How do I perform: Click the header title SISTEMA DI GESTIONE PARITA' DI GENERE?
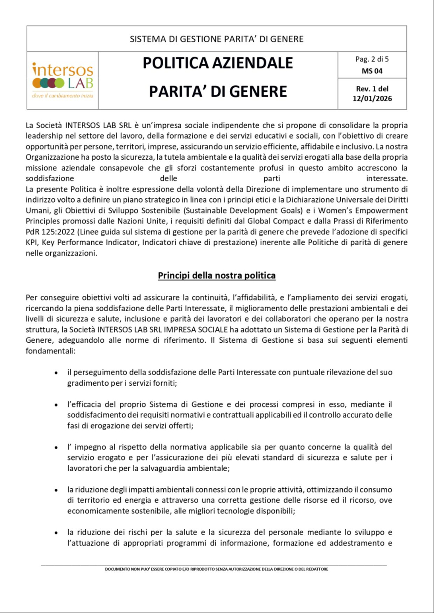pyautogui.click(x=217, y=39)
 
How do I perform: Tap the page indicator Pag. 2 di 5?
pyautogui.click(x=372, y=59)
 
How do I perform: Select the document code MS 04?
pyautogui.click(x=372, y=71)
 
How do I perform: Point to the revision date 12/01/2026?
pyautogui.click(x=372, y=99)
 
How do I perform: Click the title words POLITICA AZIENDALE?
pyautogui.click(x=217, y=63)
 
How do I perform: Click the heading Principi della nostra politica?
pyautogui.click(x=217, y=275)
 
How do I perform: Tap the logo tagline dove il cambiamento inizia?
pyautogui.click(x=63, y=96)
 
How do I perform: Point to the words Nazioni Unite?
pyautogui.click(x=143, y=221)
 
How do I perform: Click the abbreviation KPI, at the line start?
pyautogui.click(x=32, y=243)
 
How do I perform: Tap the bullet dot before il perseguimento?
pyautogui.click(x=56, y=373)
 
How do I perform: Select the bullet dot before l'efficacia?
pyautogui.click(x=56, y=405)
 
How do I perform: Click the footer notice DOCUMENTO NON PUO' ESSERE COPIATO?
pyautogui.click(x=217, y=569)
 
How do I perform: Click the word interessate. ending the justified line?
pyautogui.click(x=387, y=179)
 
